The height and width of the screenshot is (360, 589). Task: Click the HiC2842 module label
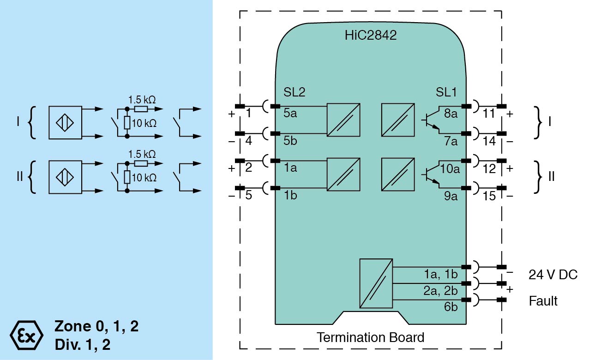point(370,36)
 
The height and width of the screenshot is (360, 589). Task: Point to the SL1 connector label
point(446,92)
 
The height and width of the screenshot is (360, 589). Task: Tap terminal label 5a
point(290,114)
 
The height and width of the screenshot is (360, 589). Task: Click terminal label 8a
point(451,114)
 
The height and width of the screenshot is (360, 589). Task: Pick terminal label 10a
point(450,168)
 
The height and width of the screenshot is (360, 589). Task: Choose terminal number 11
point(489,114)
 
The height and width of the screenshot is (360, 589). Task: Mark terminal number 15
point(489,196)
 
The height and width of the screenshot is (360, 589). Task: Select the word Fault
point(543,301)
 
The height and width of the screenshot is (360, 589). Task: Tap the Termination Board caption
point(370,337)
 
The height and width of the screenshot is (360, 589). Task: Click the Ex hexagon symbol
point(26,334)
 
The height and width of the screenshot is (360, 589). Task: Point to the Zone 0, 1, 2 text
point(96,326)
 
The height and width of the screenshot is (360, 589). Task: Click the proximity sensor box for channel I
point(65,122)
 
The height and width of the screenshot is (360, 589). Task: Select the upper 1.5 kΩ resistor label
point(142,99)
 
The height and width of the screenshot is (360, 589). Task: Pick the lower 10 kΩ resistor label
point(144,178)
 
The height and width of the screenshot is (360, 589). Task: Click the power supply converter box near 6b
point(376,283)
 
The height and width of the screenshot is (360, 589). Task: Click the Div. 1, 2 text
point(82,345)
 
